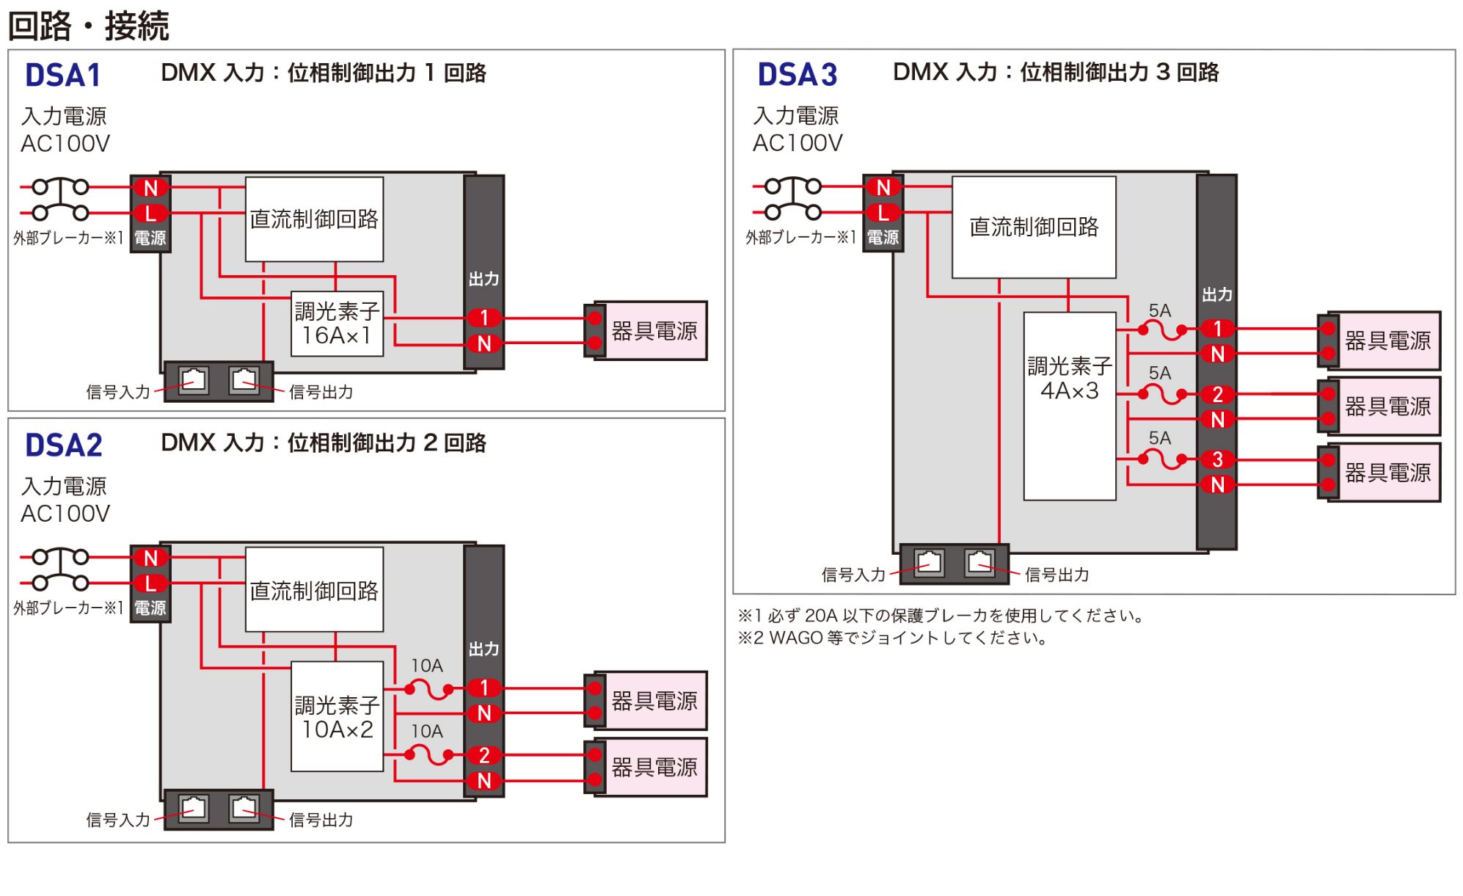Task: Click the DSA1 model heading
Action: (x=62, y=76)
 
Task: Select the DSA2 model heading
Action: (x=63, y=445)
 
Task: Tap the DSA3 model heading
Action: (x=797, y=75)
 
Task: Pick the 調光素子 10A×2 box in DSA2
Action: (x=337, y=716)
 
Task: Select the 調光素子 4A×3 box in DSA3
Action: (x=1070, y=406)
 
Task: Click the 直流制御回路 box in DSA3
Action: (x=1034, y=227)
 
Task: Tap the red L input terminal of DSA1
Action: (x=150, y=214)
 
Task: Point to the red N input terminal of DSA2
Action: (x=150, y=558)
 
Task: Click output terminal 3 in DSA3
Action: (x=1217, y=459)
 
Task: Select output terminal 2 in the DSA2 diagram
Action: (x=484, y=755)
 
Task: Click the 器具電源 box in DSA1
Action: (x=650, y=331)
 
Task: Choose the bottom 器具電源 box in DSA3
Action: (x=1383, y=473)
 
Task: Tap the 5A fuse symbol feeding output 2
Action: (x=1161, y=395)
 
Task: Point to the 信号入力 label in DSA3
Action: (x=853, y=575)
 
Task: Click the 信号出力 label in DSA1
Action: (x=321, y=392)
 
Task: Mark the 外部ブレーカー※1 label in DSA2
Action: (x=68, y=608)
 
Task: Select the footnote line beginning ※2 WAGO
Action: (x=892, y=638)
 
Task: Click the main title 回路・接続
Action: (x=89, y=26)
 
